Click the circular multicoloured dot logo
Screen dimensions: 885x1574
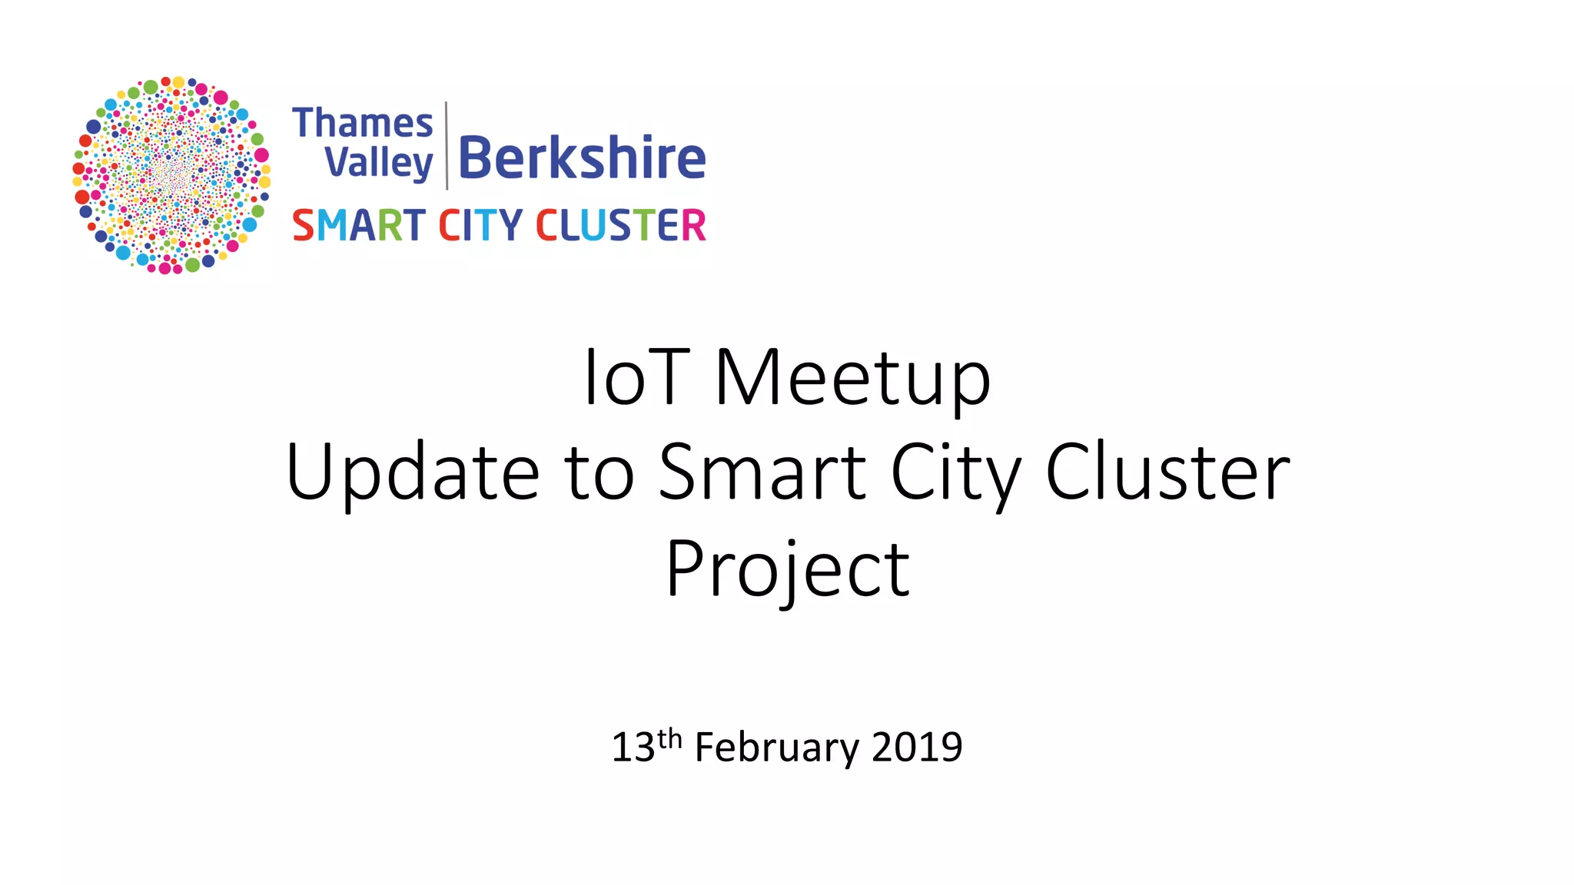click(171, 175)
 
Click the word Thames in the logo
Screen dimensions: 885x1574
click(363, 123)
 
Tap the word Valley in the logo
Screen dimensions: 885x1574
click(378, 163)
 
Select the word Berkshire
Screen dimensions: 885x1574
click(582, 158)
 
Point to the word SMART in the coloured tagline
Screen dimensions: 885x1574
click(358, 225)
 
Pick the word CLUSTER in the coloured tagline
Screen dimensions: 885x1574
click(620, 225)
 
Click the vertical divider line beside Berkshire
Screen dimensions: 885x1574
click(447, 145)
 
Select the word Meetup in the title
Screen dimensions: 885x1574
click(853, 379)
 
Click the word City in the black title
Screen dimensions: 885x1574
click(956, 474)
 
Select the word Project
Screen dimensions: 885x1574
click(788, 569)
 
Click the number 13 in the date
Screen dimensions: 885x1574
click(633, 747)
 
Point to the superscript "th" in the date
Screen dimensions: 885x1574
click(669, 738)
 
